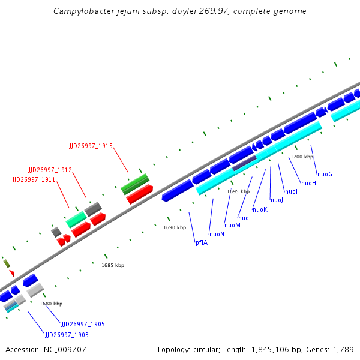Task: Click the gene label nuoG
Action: coord(325,174)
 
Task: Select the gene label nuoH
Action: coord(308,183)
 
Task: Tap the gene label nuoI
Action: coord(291,191)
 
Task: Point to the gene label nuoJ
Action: coord(277,200)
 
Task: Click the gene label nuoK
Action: coord(260,209)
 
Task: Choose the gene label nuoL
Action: coord(245,218)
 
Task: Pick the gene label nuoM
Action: coord(232,225)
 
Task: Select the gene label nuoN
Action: coord(217,233)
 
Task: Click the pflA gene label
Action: coord(202,242)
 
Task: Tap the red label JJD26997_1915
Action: coord(91,146)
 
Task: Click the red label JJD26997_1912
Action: coord(50,170)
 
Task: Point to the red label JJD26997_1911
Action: coord(34,179)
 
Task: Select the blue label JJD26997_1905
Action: coord(83,324)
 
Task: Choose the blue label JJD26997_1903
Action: coord(67,334)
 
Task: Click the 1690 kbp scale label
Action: coord(175,227)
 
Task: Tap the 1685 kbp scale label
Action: coord(113,265)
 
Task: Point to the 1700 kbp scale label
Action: coord(301,157)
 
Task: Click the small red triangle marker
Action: coord(11,273)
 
